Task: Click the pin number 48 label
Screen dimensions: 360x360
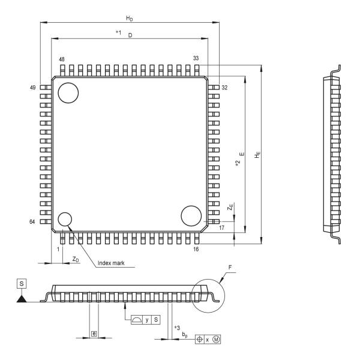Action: click(62, 59)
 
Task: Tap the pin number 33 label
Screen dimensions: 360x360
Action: click(196, 58)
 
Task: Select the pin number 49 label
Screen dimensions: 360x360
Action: click(33, 88)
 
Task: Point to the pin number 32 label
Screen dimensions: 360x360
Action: click(224, 88)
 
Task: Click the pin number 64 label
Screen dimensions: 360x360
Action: click(32, 221)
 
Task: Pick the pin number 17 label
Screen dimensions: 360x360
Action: click(221, 228)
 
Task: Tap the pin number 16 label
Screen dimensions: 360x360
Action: click(196, 250)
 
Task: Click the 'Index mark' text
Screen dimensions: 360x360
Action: click(111, 263)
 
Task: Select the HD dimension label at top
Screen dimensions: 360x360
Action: click(130, 19)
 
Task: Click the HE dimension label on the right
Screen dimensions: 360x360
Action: click(257, 155)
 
